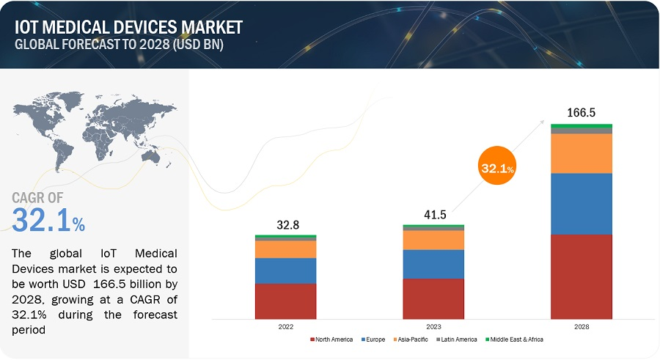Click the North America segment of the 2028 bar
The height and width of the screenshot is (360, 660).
click(x=582, y=276)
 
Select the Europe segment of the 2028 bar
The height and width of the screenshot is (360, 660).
click(x=582, y=204)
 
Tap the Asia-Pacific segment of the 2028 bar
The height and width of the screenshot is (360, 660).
click(x=582, y=153)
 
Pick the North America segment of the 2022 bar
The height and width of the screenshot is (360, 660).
click(x=285, y=301)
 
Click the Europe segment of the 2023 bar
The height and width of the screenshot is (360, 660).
click(x=433, y=264)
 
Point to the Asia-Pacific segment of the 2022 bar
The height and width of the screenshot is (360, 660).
click(x=285, y=249)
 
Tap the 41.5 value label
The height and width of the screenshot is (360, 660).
click(x=433, y=214)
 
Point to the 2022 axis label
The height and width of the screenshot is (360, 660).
click(x=285, y=327)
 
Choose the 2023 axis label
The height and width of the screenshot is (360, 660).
click(x=433, y=327)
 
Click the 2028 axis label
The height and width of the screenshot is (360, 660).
click(x=582, y=327)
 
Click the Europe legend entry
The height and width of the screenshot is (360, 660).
click(x=373, y=339)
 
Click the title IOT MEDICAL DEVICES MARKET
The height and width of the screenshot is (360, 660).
click(x=128, y=28)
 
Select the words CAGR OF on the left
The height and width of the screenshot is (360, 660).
click(x=38, y=198)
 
